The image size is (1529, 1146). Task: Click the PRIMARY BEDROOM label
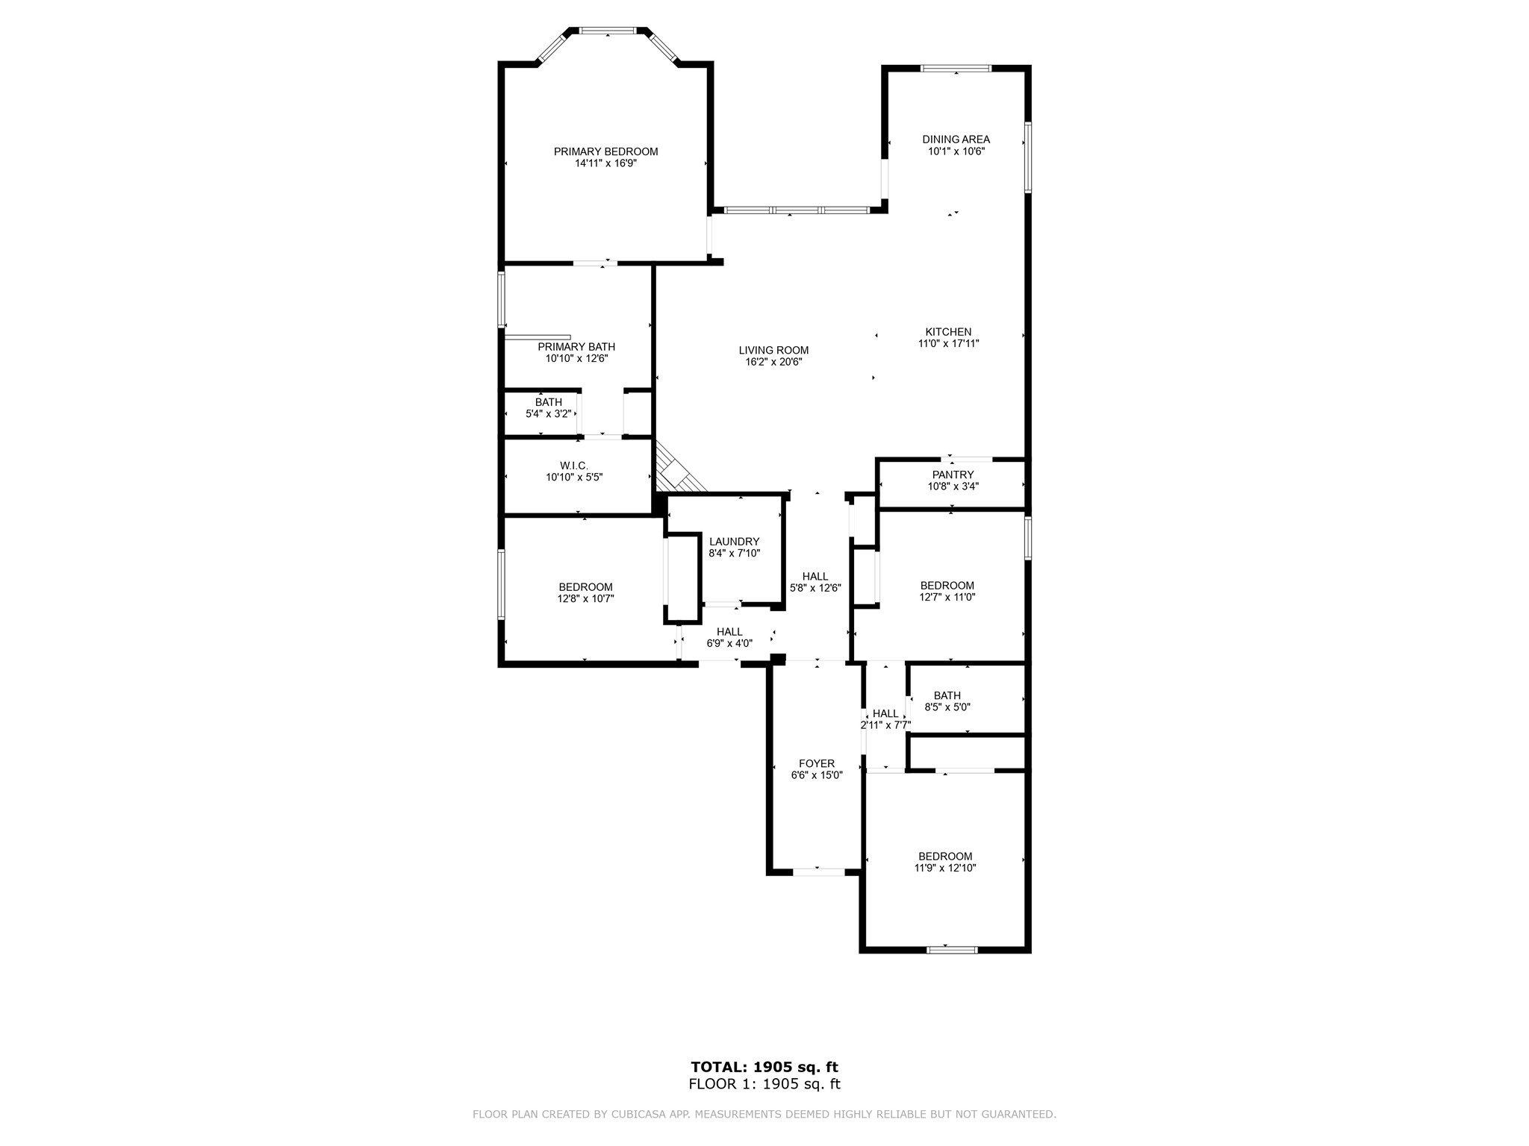coord(605,151)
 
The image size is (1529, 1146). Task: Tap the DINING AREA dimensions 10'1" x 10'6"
coord(956,151)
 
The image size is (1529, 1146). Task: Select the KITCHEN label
coord(948,332)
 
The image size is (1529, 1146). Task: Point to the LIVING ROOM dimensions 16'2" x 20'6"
coord(773,362)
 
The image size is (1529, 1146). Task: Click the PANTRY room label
coord(953,475)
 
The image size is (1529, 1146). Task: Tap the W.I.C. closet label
coord(573,466)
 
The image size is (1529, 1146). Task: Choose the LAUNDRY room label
coord(734,542)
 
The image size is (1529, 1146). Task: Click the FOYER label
coord(816,763)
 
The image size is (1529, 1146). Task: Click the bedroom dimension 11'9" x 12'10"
coord(945,868)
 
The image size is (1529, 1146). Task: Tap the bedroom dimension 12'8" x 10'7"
coord(585,598)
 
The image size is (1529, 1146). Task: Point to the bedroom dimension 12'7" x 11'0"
coord(947,597)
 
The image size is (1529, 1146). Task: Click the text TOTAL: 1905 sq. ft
coord(764,1067)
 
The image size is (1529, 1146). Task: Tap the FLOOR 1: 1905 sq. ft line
coord(764,1084)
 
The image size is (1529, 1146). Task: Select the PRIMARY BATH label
coord(576,347)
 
